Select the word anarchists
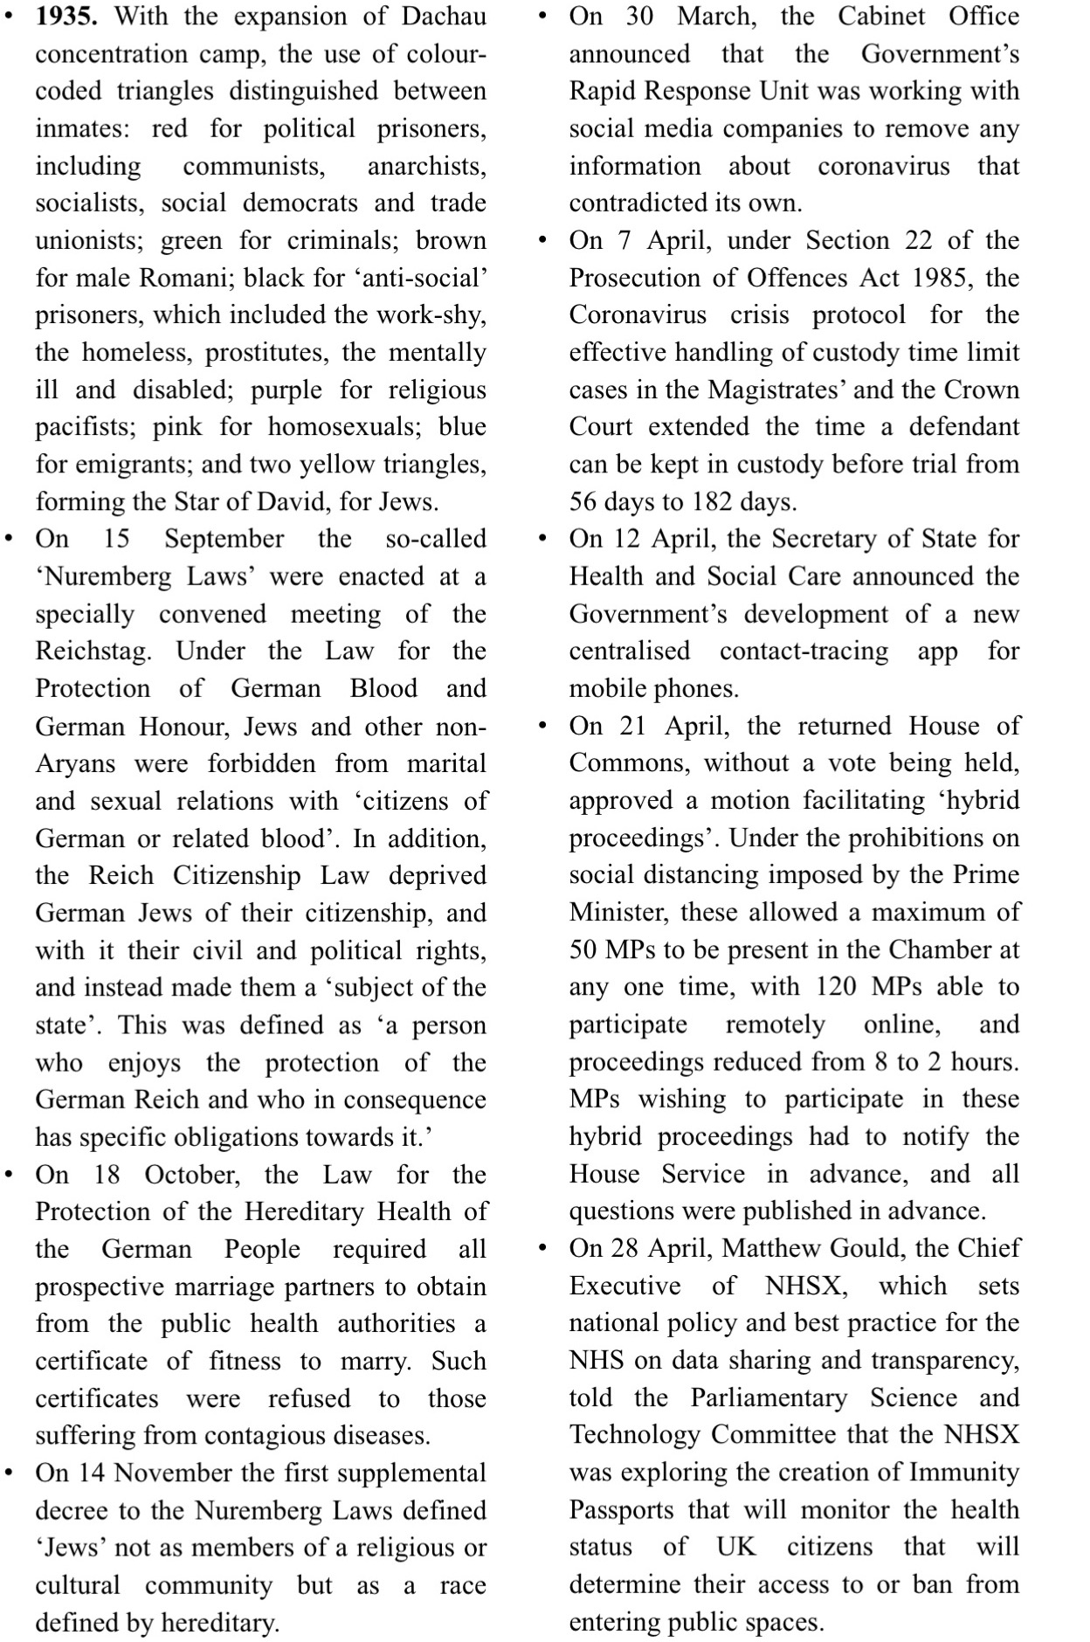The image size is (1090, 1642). click(426, 166)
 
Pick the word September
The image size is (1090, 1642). click(224, 539)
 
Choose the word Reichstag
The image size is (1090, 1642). click(93, 652)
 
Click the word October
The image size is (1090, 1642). click(191, 1175)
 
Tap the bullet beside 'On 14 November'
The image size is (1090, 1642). click(9, 1473)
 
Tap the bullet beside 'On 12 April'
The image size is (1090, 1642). click(543, 539)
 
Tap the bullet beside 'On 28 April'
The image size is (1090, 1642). click(543, 1248)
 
